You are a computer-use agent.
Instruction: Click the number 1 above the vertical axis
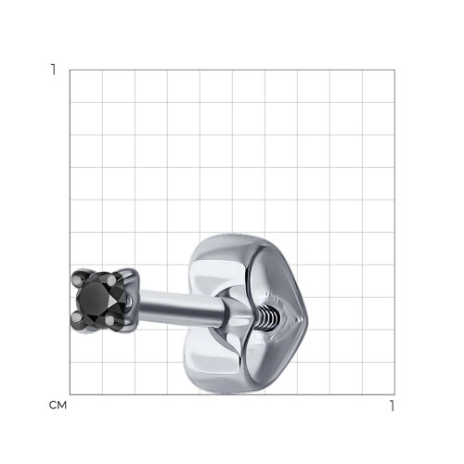[54, 70]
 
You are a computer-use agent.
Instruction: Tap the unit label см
[58, 406]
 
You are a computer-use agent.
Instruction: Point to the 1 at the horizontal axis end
[393, 406]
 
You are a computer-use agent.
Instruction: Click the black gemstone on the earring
[97, 300]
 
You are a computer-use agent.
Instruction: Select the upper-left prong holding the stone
[77, 279]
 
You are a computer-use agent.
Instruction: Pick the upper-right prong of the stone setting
[111, 280]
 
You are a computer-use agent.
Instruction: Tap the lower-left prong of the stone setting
[76, 317]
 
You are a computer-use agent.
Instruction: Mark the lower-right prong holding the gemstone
[110, 320]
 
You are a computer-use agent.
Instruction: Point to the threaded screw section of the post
[268, 316]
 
